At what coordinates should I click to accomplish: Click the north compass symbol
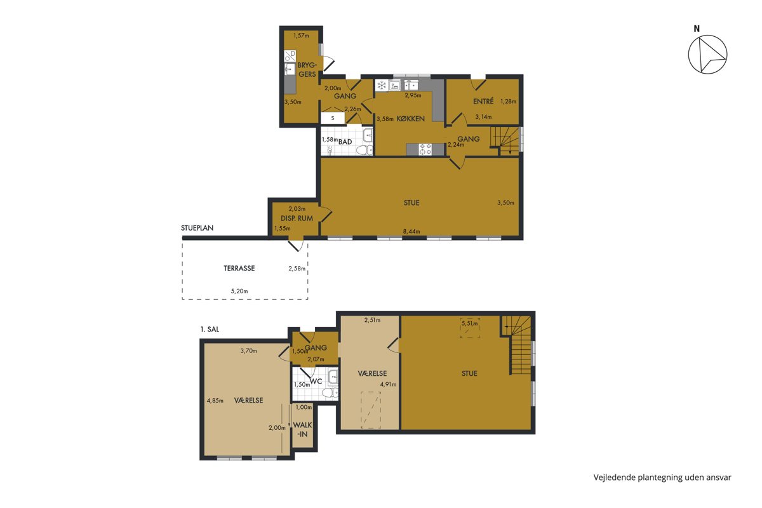[x=707, y=55]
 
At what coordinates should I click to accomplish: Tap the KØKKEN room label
[x=411, y=119]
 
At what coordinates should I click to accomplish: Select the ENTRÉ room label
[x=483, y=101]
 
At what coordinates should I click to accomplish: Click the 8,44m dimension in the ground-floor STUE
[x=411, y=232]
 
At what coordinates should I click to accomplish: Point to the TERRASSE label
[x=239, y=269]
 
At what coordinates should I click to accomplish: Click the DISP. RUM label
[x=297, y=218]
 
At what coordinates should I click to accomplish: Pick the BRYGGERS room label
[x=307, y=70]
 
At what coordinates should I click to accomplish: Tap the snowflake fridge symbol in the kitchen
[x=382, y=85]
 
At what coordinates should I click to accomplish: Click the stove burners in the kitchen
[x=425, y=149]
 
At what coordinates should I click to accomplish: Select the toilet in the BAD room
[x=364, y=150]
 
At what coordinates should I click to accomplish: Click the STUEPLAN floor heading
[x=197, y=228]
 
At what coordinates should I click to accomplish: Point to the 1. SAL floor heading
[x=210, y=330]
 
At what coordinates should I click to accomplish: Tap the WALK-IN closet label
[x=302, y=429]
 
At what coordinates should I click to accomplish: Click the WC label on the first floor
[x=316, y=382]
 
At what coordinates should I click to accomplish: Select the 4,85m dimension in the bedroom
[x=215, y=401]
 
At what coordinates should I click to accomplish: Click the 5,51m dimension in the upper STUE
[x=469, y=324]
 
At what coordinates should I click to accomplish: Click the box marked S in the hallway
[x=333, y=118]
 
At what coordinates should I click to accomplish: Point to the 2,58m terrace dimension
[x=297, y=269]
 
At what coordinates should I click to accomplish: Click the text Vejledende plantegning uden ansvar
[x=662, y=478]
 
